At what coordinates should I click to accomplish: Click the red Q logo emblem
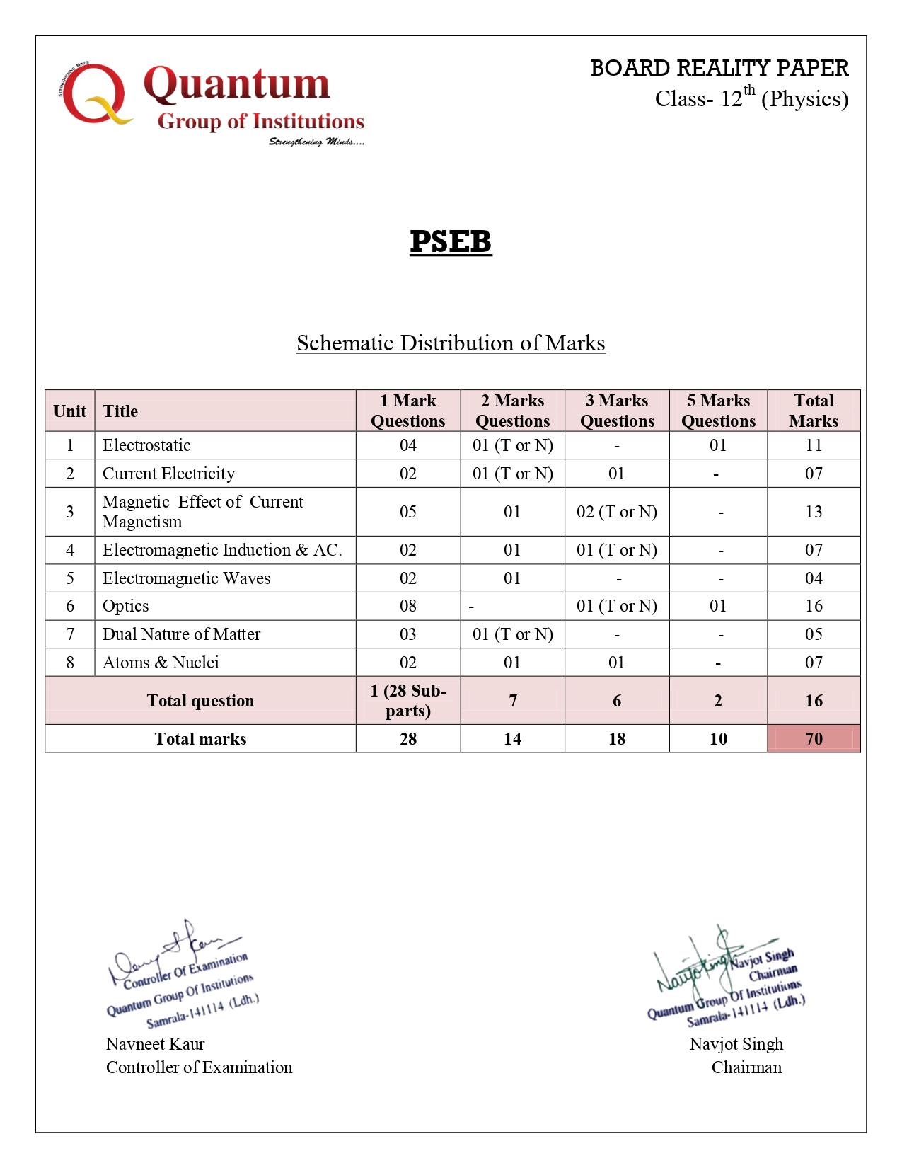coord(94,95)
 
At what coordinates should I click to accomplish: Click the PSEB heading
coord(451,242)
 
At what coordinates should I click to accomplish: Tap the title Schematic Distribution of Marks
coord(451,343)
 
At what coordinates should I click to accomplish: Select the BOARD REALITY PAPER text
coord(719,68)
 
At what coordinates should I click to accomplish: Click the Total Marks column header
coord(814,411)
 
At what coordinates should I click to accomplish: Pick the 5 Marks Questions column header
coord(718,411)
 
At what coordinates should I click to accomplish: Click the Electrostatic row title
coord(146,445)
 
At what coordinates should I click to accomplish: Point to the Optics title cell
coord(126,606)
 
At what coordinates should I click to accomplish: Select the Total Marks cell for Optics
coord(814,606)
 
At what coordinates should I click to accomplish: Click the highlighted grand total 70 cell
coord(814,739)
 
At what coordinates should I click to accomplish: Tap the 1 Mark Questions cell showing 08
coord(408,606)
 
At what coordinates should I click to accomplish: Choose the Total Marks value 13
coord(814,512)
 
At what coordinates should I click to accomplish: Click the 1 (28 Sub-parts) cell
coord(408,701)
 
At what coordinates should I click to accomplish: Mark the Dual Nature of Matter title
coord(181,634)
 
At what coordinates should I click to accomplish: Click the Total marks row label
coord(200,739)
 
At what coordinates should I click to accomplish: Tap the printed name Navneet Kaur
coord(155,1044)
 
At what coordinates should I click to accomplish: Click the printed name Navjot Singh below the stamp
coord(736,1044)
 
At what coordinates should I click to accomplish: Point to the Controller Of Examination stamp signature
coord(180,973)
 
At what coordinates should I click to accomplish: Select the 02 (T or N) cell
coord(617,512)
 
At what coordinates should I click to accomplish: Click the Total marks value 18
coord(617,739)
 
